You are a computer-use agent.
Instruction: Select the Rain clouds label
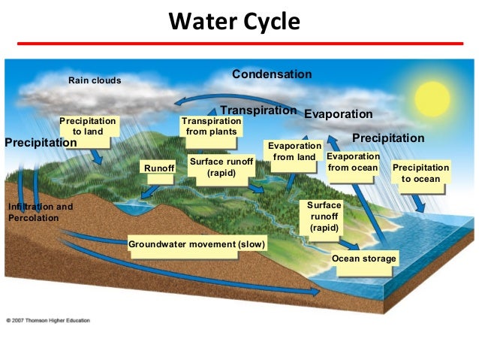pyautogui.click(x=95, y=80)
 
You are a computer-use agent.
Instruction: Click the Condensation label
pyautogui.click(x=271, y=74)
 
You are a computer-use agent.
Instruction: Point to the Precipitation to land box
pyautogui.click(x=88, y=126)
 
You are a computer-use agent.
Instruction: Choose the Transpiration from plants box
pyautogui.click(x=212, y=126)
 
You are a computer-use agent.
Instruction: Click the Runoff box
pyautogui.click(x=158, y=170)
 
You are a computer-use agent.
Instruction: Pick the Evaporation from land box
pyautogui.click(x=294, y=151)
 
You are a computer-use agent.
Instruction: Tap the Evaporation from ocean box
pyautogui.click(x=353, y=162)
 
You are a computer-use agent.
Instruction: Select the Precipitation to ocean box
pyautogui.click(x=421, y=173)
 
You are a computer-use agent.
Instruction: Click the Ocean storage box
pyautogui.click(x=363, y=259)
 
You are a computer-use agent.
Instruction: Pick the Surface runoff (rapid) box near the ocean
pyautogui.click(x=324, y=216)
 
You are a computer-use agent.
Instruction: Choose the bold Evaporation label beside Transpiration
pyautogui.click(x=338, y=114)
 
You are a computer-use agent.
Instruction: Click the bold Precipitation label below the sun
pyautogui.click(x=388, y=138)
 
